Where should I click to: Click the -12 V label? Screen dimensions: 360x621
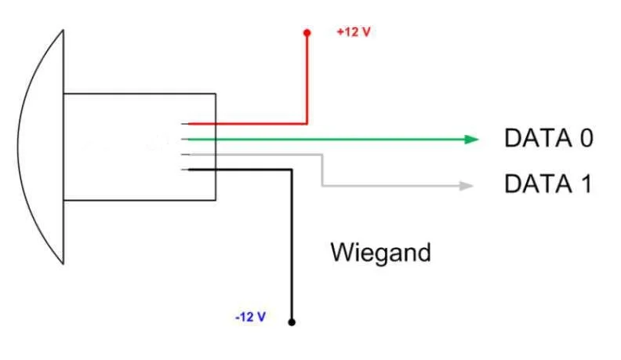[x=250, y=317]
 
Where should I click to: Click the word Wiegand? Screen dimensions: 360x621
[x=380, y=253]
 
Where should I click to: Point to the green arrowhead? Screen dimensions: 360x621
[x=471, y=140]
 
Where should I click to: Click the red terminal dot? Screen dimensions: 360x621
[x=307, y=33]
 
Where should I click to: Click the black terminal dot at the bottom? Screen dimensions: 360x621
[x=292, y=322]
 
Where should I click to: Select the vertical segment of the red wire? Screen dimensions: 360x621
[x=307, y=78]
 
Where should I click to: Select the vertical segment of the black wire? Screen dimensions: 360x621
[x=292, y=243]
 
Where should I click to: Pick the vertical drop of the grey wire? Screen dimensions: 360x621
[x=322, y=170]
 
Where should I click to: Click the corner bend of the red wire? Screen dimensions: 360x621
[x=307, y=123]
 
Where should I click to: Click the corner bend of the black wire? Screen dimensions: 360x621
[x=292, y=169]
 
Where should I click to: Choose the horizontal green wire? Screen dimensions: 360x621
[x=329, y=140]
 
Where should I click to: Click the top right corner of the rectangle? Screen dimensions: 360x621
[x=216, y=94]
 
